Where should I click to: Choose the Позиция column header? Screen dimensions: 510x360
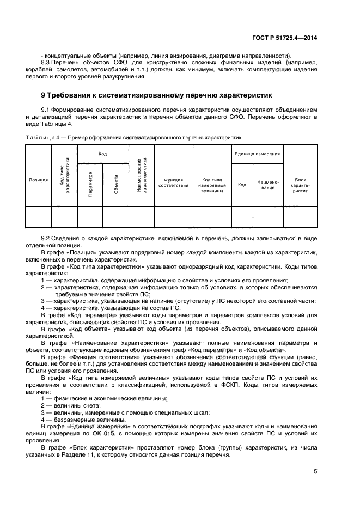[38, 179]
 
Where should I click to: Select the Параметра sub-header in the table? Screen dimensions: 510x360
[90, 185]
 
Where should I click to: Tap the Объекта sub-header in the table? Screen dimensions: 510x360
[116, 185]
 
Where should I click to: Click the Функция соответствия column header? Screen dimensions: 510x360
[173, 182]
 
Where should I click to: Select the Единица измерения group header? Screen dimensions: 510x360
[257, 154]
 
